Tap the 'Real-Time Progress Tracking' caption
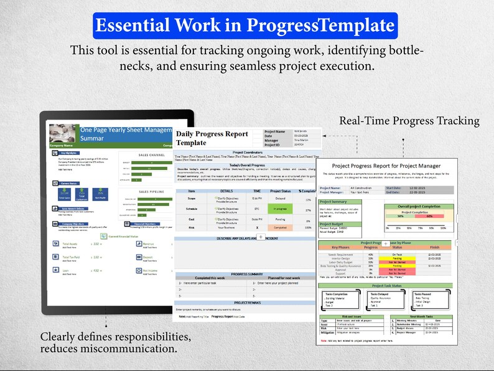click(409, 121)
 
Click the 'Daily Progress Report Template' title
click(211, 138)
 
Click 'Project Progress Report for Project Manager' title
click(386, 166)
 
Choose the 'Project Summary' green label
click(333, 202)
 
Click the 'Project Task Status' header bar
click(386, 285)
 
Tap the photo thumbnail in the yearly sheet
click(63, 133)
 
